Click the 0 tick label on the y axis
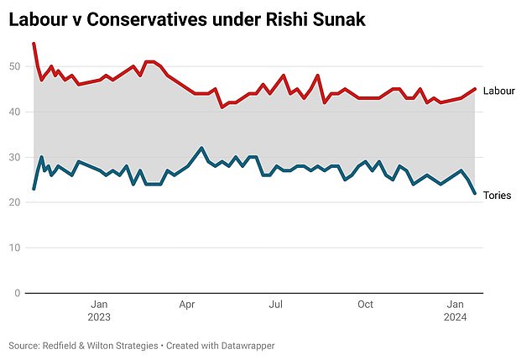tap(18, 293)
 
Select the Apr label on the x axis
tap(186, 305)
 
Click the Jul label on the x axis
tap(274, 305)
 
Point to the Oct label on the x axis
tap(365, 305)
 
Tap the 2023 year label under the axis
tap(98, 317)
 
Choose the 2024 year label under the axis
tap(456, 317)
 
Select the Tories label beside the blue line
tap(498, 196)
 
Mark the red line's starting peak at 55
tap(34, 44)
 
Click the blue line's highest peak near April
tap(201, 148)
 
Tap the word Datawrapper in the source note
tap(244, 346)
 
